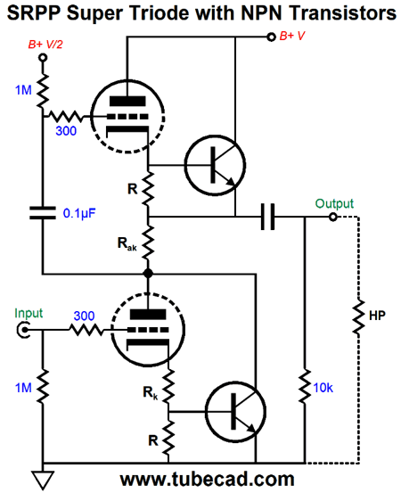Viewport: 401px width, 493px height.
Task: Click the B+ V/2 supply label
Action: (x=45, y=45)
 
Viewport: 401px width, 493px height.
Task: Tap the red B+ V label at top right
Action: (x=292, y=37)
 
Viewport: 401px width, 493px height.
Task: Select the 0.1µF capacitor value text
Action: (x=79, y=213)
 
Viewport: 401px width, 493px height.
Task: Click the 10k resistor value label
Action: (x=323, y=388)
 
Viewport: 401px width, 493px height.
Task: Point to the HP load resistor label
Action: (x=377, y=316)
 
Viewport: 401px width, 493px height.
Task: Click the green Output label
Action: (x=334, y=204)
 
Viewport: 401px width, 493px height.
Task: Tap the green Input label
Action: (x=29, y=314)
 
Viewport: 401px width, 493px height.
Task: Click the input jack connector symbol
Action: (x=23, y=330)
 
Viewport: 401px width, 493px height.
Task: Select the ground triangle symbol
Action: (x=43, y=480)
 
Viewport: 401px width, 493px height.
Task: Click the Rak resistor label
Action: (x=127, y=244)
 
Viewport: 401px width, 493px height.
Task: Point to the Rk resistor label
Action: (x=151, y=393)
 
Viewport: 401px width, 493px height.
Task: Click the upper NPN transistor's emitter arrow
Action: (x=231, y=182)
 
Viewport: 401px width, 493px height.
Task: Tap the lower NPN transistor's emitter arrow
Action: (x=250, y=428)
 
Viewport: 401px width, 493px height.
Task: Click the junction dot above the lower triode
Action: (x=148, y=274)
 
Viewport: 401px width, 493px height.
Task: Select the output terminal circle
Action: (x=332, y=217)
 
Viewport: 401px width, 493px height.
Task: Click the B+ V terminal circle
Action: (x=271, y=37)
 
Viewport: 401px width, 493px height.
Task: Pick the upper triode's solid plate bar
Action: (x=127, y=102)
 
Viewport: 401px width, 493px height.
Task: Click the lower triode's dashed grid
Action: (x=148, y=330)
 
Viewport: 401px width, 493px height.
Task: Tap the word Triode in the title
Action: (x=158, y=12)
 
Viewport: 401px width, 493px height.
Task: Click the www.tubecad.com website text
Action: (x=207, y=479)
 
